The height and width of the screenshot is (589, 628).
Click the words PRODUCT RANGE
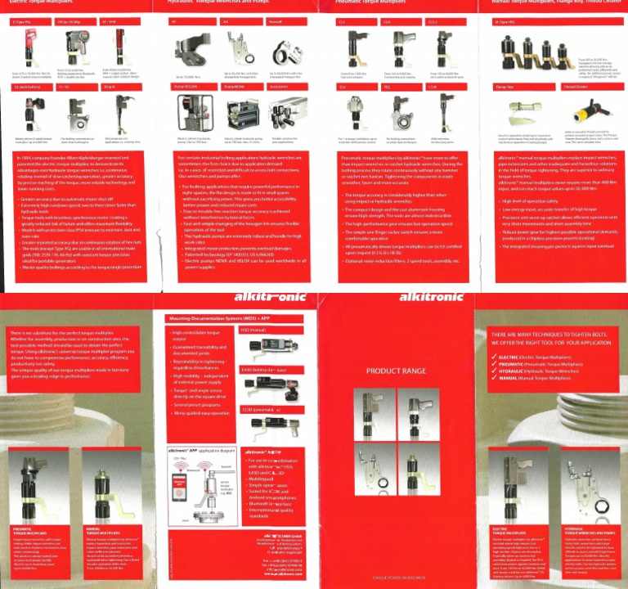pos(394,371)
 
